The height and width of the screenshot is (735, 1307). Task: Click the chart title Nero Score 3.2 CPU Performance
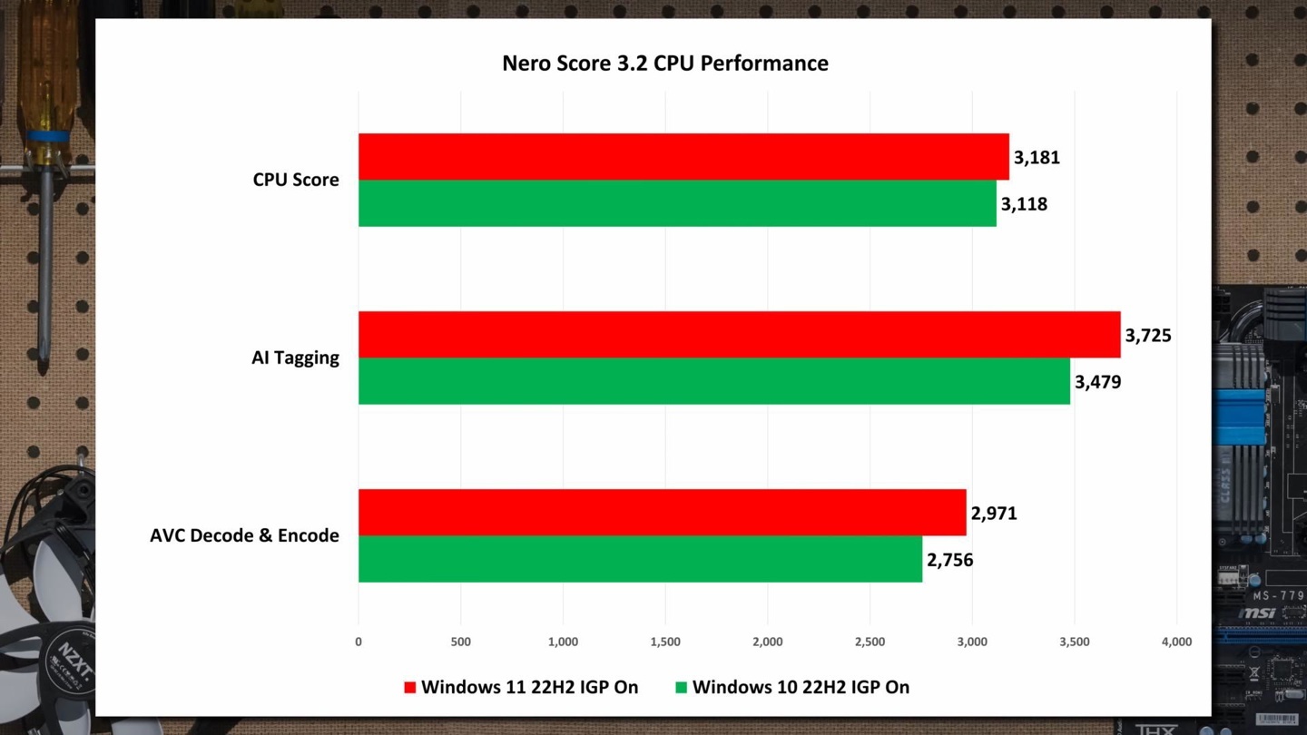664,64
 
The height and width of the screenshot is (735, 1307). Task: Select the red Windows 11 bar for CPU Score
683,157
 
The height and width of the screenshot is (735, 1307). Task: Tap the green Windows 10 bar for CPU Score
676,203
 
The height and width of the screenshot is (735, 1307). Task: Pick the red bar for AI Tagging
739,335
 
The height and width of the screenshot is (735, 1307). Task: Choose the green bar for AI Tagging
713,381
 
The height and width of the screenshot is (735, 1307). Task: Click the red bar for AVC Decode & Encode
662,513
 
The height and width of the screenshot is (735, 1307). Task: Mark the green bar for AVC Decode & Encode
640,559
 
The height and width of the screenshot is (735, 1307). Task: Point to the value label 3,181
1037,158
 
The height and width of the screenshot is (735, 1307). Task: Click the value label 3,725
1148,336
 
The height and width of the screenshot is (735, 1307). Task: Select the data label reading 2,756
949,560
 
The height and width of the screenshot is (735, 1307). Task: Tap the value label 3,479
1097,382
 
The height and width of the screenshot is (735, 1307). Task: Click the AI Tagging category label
295,358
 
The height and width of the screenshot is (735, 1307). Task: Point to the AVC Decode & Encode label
244,535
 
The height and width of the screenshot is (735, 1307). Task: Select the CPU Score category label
296,180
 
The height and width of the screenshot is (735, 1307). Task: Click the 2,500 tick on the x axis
870,642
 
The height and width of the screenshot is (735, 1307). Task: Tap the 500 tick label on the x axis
460,642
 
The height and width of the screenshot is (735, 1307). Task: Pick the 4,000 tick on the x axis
1176,642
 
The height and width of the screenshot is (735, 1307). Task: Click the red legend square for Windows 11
409,688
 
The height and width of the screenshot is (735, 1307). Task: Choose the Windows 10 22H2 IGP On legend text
801,687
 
